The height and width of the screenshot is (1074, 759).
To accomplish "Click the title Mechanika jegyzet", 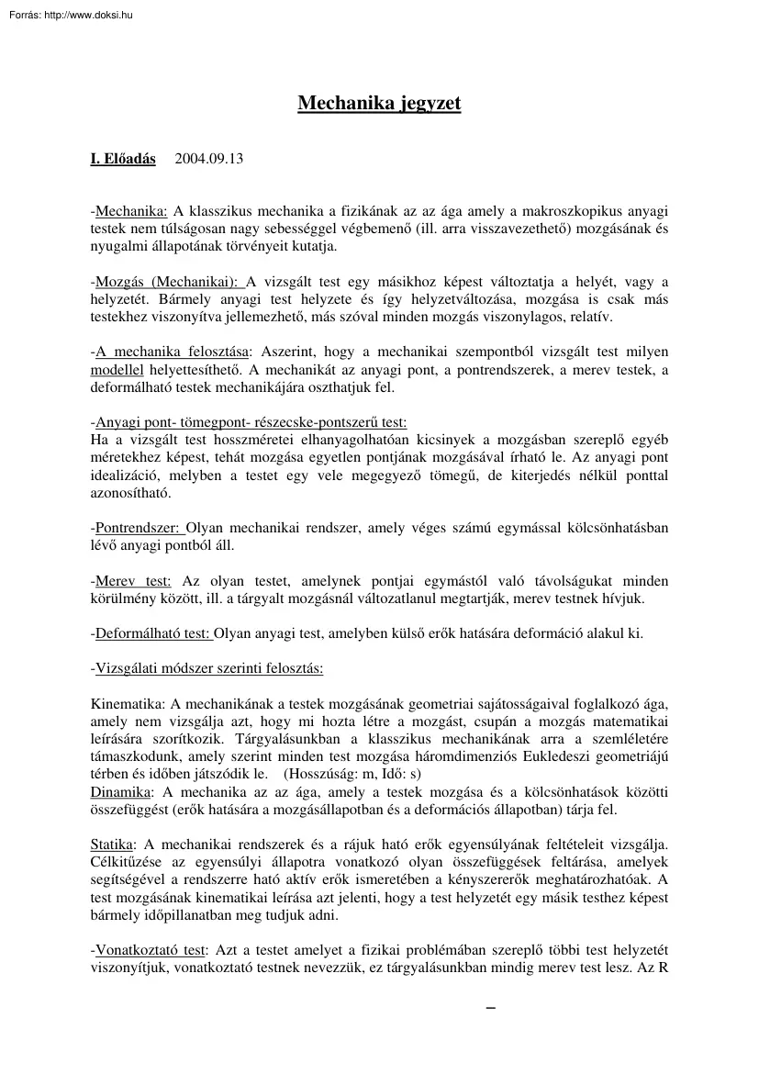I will tap(379, 103).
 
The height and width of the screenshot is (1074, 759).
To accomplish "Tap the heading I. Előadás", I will tap(123, 158).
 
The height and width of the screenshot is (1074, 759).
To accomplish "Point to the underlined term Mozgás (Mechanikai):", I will tap(169, 281).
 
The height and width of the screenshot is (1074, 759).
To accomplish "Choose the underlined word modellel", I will tap(117, 370).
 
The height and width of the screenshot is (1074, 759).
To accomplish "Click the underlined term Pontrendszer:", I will tap(140, 528).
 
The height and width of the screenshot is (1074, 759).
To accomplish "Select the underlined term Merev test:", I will tap(133, 581).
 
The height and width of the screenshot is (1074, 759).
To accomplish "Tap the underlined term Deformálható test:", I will tap(153, 633).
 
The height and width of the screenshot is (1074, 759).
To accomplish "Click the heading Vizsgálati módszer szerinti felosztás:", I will tap(209, 668).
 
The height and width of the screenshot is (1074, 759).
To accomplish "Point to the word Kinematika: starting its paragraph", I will tap(126, 703).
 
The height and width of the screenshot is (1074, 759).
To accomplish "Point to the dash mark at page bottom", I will tap(490, 1010).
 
